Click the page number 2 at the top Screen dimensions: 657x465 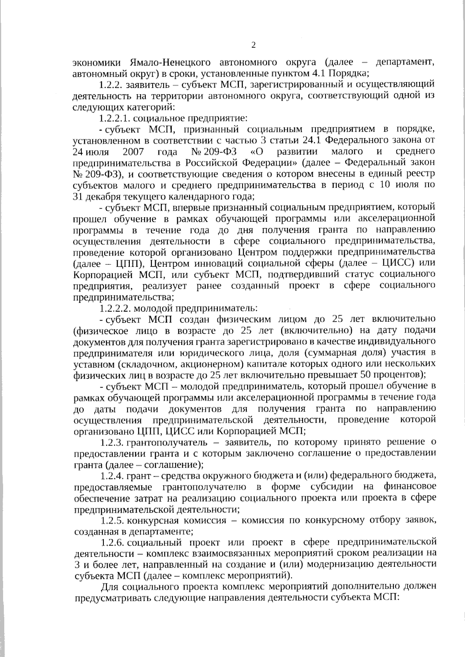pyautogui.click(x=253, y=45)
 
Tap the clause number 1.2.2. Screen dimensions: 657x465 pyautogui.click(x=112, y=85)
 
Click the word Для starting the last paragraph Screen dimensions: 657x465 pyautogui.click(x=110, y=587)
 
